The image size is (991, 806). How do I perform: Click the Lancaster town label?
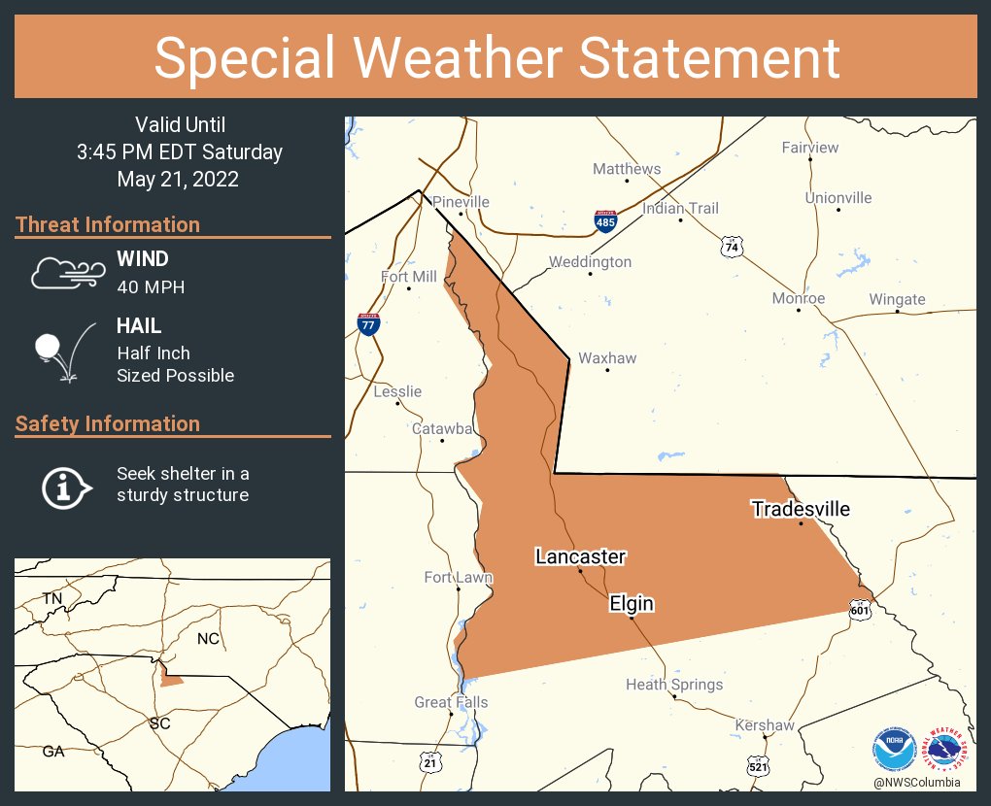[580, 556]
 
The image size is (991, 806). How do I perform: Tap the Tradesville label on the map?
[801, 509]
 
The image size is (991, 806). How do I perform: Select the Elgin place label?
[632, 604]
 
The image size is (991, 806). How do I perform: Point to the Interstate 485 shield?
[605, 221]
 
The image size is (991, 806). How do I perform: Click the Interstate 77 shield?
[367, 324]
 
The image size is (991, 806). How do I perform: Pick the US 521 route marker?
[758, 766]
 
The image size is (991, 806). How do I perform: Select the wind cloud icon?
[65, 273]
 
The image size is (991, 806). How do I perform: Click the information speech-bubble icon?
[64, 486]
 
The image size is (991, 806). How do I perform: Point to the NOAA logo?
[894, 749]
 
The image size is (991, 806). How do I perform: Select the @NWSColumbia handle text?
[916, 782]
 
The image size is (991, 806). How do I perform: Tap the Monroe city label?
[798, 298]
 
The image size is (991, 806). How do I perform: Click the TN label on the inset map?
[51, 598]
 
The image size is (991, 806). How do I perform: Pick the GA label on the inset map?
[53, 751]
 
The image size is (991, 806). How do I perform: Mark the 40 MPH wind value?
[151, 286]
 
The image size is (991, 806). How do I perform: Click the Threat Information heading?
[108, 224]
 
